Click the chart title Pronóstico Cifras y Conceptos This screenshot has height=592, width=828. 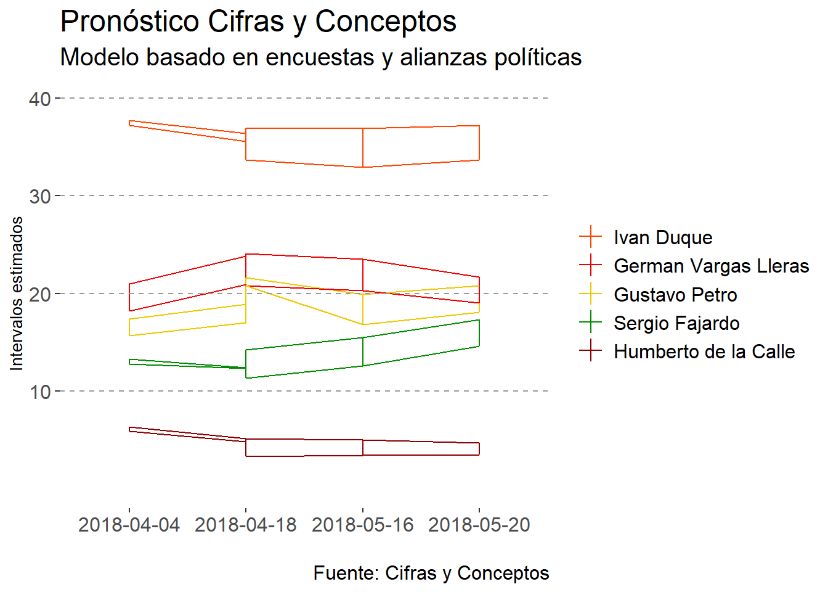click(x=258, y=22)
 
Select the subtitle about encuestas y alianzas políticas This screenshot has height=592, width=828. click(x=320, y=57)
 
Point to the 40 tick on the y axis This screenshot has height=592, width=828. click(x=40, y=99)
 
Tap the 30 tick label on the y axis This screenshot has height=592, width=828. click(x=40, y=196)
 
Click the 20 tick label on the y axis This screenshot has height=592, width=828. click(x=40, y=294)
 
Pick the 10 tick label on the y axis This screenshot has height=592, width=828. click(x=40, y=392)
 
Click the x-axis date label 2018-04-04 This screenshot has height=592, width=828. click(x=129, y=525)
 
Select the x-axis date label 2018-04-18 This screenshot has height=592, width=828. click(x=246, y=525)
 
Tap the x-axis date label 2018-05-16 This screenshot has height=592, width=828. click(x=363, y=525)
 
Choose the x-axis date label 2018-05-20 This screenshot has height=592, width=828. click(x=479, y=525)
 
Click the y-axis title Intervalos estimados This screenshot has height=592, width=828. click(x=17, y=294)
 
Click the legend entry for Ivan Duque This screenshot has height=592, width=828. click(x=663, y=237)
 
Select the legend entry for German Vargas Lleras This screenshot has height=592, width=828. click(x=711, y=266)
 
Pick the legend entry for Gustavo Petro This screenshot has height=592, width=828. click(x=675, y=295)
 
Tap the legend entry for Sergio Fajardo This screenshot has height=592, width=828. click(x=676, y=323)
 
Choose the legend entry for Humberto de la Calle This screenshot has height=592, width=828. click(x=704, y=351)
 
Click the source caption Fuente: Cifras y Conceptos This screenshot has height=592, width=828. click(x=431, y=573)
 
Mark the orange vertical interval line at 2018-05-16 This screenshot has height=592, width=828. click(x=363, y=148)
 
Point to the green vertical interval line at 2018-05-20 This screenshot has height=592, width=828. click(x=479, y=333)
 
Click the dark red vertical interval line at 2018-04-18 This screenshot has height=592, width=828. click(x=246, y=448)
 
